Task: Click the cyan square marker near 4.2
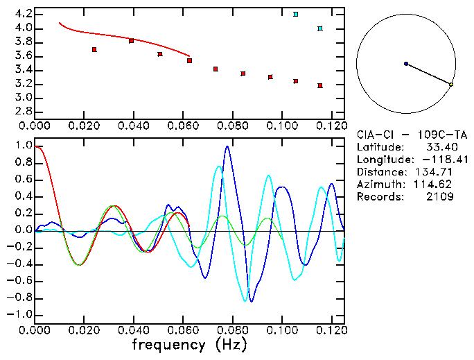(296, 14)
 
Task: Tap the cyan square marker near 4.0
(319, 28)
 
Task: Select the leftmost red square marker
(94, 49)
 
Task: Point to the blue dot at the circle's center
(406, 64)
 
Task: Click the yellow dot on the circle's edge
(451, 85)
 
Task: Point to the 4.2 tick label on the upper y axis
(21, 14)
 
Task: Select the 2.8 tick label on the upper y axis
(21, 112)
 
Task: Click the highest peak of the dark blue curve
(227, 146)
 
